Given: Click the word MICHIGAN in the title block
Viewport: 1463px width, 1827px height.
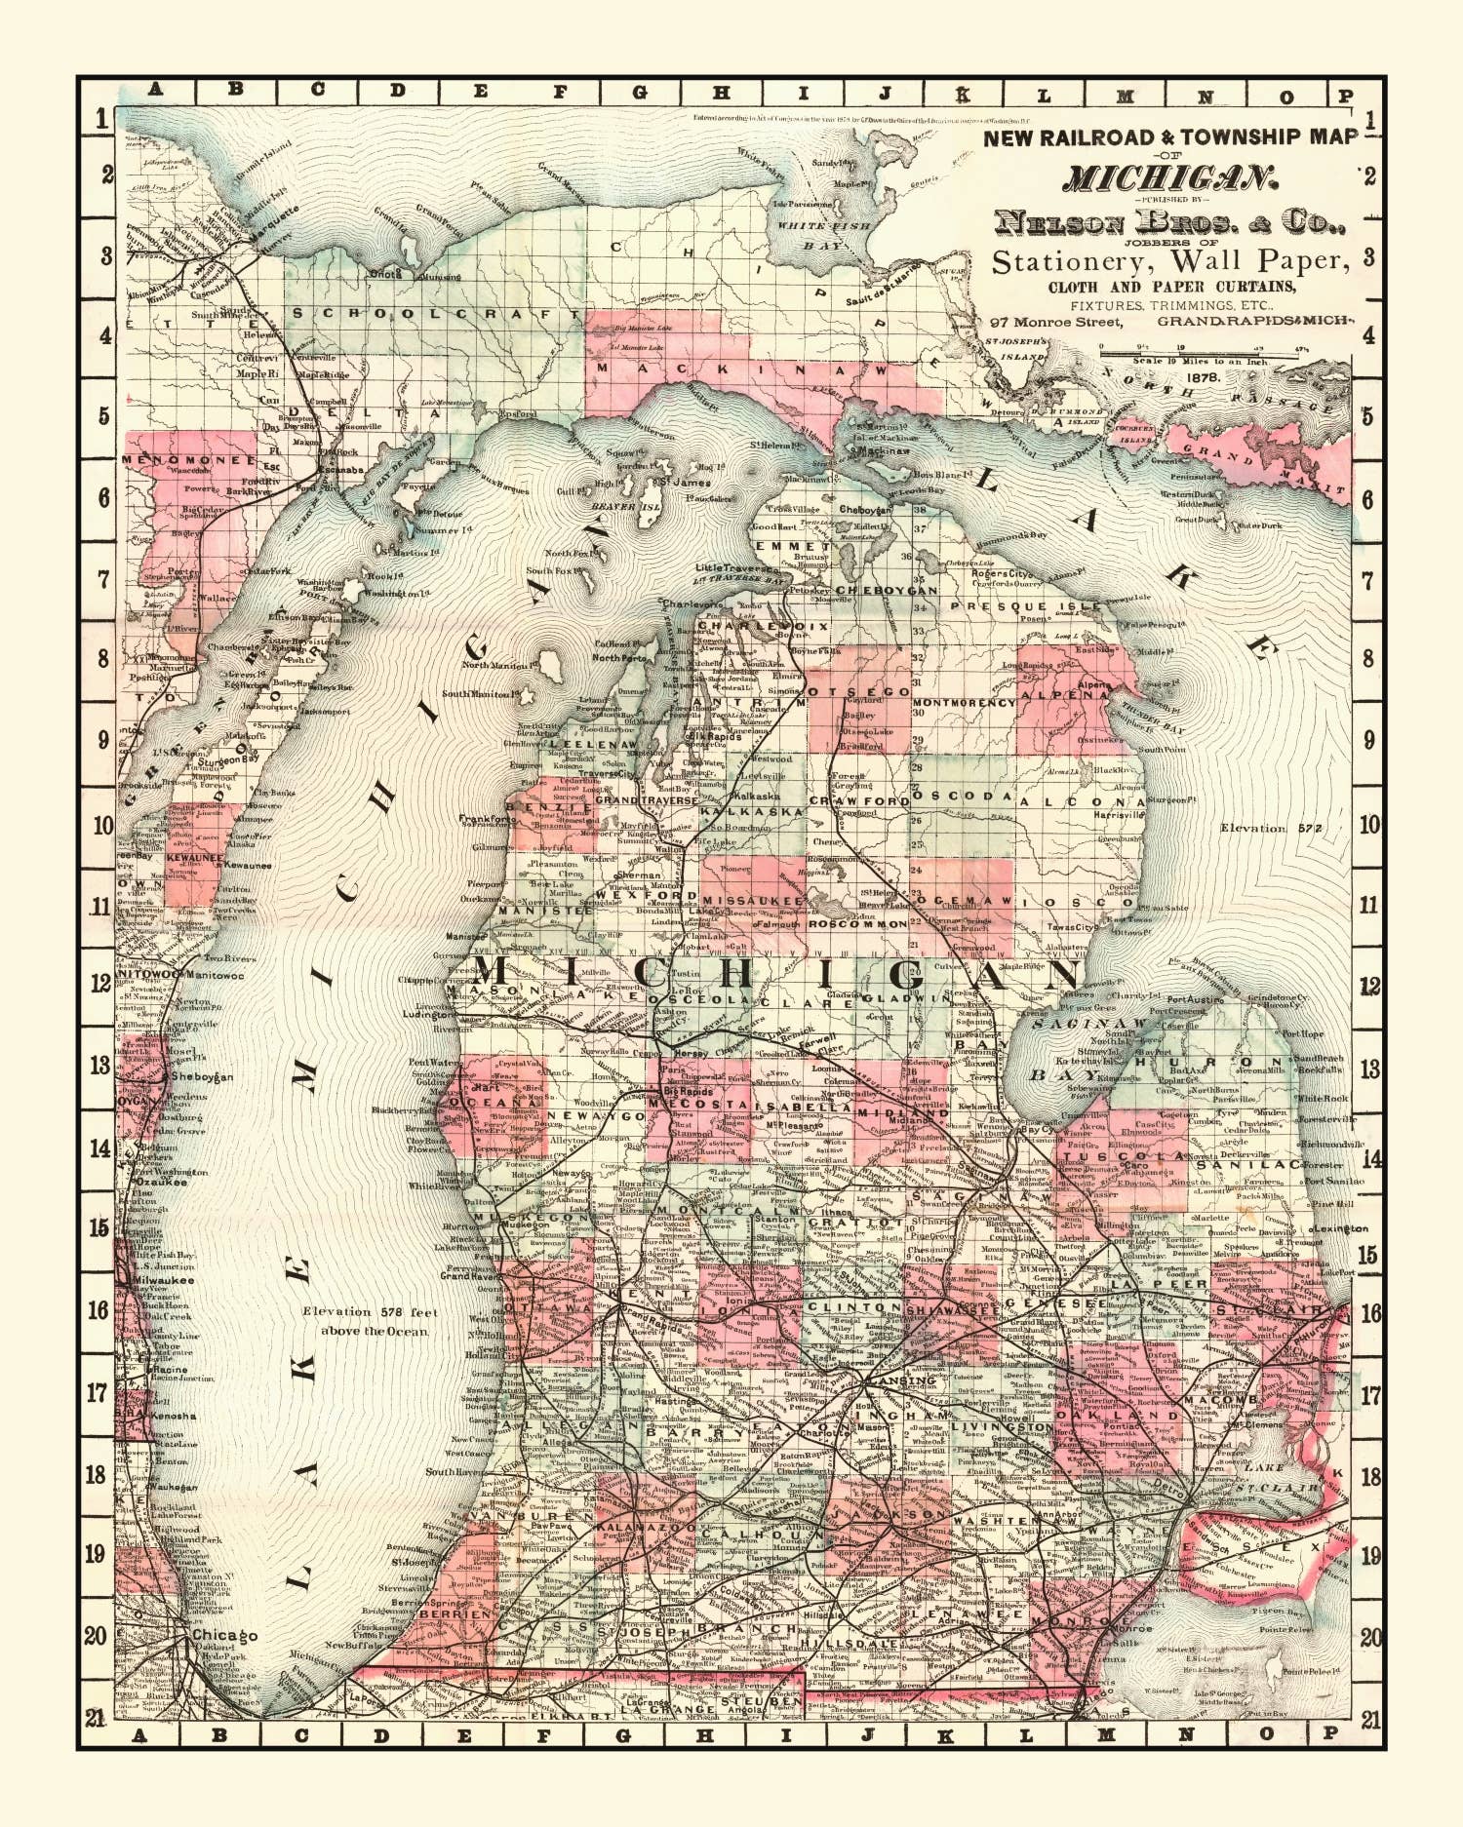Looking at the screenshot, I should pyautogui.click(x=1168, y=178).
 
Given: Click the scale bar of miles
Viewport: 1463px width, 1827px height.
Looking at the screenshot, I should pyautogui.click(x=1224, y=349).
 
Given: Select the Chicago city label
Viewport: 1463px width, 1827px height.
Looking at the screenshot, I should pyautogui.click(x=224, y=1635).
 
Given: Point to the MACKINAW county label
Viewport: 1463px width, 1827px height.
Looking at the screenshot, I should pyautogui.click(x=742, y=369).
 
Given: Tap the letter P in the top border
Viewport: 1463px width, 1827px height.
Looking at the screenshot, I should pyautogui.click(x=1344, y=96).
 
